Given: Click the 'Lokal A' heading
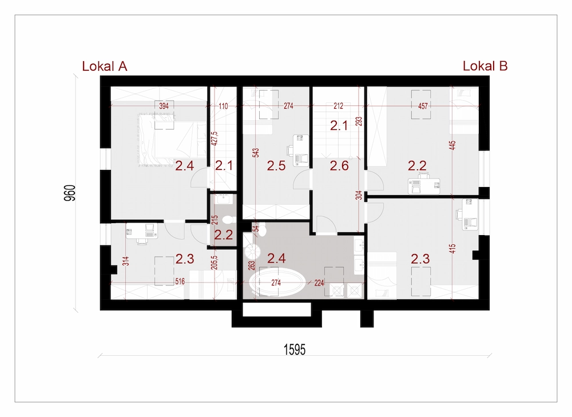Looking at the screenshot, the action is pyautogui.click(x=104, y=66).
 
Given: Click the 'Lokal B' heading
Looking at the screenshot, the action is pyautogui.click(x=485, y=66).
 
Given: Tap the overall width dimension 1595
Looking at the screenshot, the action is pyautogui.click(x=295, y=350).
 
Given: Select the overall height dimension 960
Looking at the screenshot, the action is pyautogui.click(x=70, y=193).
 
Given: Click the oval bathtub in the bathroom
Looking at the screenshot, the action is pyautogui.click(x=277, y=282).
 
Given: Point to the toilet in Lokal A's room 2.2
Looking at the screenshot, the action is pyautogui.click(x=228, y=220).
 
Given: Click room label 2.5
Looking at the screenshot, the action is pyautogui.click(x=276, y=166).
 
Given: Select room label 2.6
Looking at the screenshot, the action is pyautogui.click(x=339, y=166).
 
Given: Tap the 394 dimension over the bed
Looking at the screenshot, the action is pyautogui.click(x=164, y=106).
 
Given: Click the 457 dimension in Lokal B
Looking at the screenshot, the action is pyautogui.click(x=423, y=106).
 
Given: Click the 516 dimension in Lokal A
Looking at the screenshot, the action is pyautogui.click(x=180, y=281).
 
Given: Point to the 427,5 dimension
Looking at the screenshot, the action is pyautogui.click(x=214, y=138).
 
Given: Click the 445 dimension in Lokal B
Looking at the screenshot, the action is pyautogui.click(x=452, y=145).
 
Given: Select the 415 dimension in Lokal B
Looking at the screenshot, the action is pyautogui.click(x=452, y=249).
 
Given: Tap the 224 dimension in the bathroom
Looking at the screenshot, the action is pyautogui.click(x=319, y=283).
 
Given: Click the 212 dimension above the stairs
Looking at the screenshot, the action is pyautogui.click(x=338, y=106).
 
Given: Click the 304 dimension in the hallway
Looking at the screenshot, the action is pyautogui.click(x=359, y=195).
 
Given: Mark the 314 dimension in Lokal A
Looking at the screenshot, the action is pyautogui.click(x=125, y=261).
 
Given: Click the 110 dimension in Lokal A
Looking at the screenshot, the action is pyautogui.click(x=223, y=106).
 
